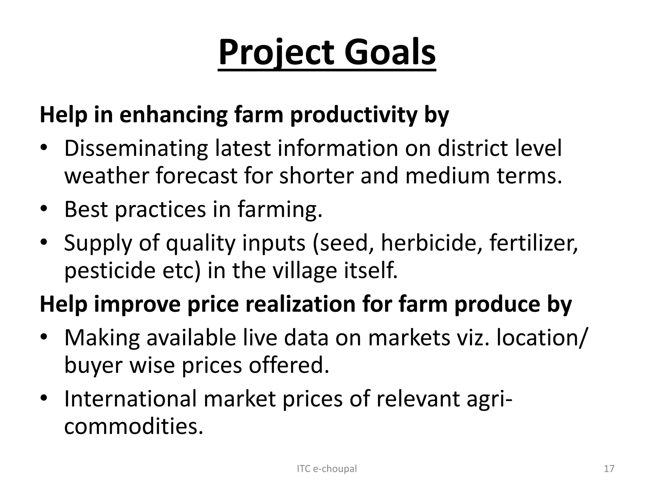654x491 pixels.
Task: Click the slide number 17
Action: point(609,469)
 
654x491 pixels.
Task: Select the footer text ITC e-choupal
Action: point(327,469)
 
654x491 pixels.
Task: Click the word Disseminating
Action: point(136,149)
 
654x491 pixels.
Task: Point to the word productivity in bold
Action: point(354,115)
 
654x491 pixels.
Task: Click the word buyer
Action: point(93,365)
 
